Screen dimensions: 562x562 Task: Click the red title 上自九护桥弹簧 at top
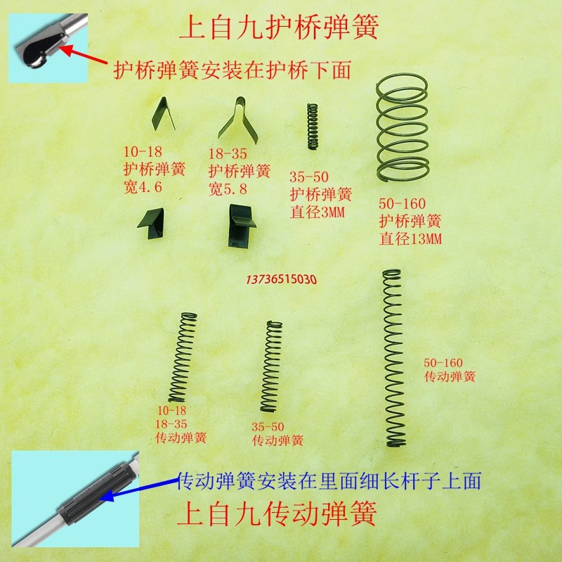click(x=279, y=27)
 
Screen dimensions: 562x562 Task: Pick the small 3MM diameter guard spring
click(x=312, y=126)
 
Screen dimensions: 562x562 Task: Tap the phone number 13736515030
click(x=280, y=279)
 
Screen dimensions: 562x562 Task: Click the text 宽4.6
click(x=142, y=188)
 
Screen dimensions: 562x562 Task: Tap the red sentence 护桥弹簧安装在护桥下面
click(x=232, y=70)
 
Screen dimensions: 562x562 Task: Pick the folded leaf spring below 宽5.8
click(x=240, y=225)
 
